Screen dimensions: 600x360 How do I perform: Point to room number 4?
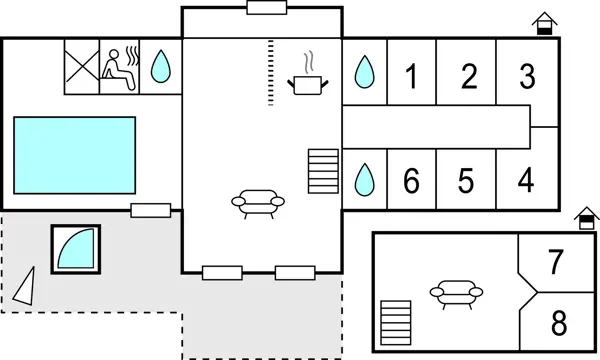click(x=527, y=181)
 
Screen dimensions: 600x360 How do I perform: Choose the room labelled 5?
click(x=466, y=181)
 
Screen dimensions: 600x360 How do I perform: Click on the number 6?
click(x=410, y=181)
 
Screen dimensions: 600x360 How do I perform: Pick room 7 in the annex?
click(x=557, y=261)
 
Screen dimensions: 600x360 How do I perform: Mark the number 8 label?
click(x=558, y=324)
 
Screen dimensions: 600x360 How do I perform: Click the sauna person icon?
click(x=121, y=67)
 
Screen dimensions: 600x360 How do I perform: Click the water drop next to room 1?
click(x=364, y=72)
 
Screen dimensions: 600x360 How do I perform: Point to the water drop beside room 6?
click(x=364, y=179)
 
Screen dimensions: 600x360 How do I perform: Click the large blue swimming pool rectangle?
click(x=75, y=155)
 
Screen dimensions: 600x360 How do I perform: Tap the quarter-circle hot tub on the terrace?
click(x=78, y=246)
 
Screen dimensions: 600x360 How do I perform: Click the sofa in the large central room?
click(x=257, y=201)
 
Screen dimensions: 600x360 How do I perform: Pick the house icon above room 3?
click(x=544, y=22)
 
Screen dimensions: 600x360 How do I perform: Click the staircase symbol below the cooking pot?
click(x=324, y=172)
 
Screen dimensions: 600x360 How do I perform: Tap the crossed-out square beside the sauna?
click(x=81, y=67)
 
